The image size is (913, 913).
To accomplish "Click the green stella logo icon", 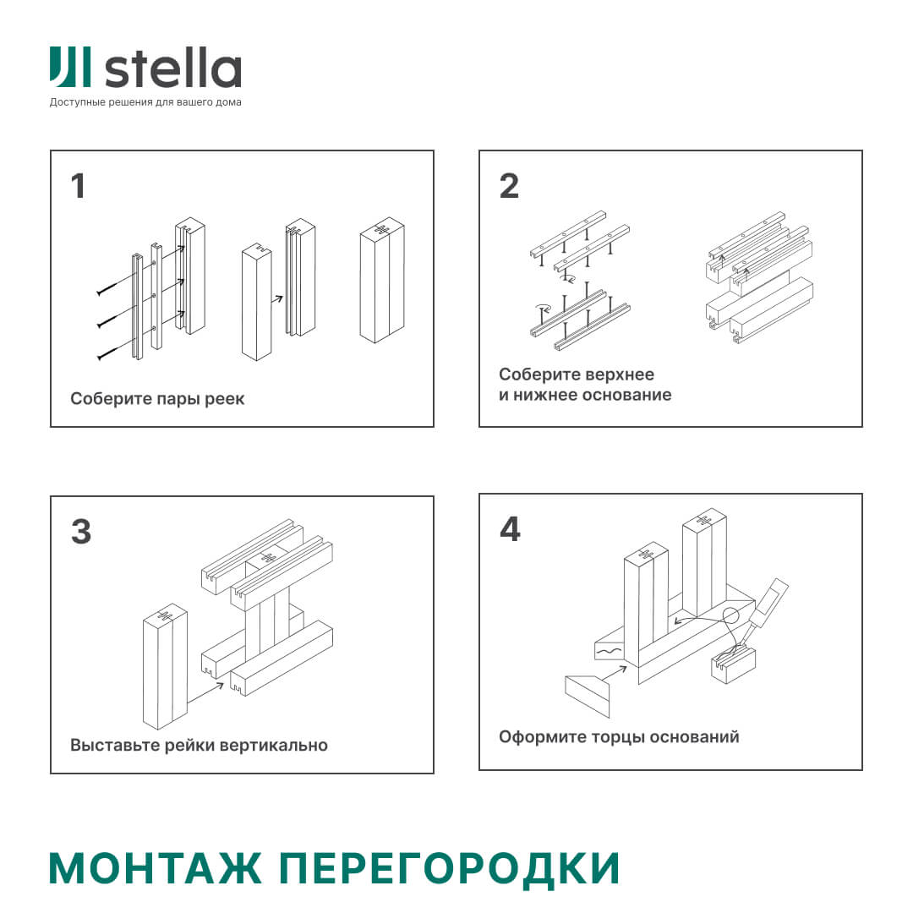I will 70,68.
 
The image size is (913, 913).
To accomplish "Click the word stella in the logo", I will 173,68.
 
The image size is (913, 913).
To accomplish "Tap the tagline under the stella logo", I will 145,103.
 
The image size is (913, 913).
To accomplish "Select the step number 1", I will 79,186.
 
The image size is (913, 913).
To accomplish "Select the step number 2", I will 509,186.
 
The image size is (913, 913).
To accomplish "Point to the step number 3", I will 80,532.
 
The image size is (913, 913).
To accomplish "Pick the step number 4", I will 510,529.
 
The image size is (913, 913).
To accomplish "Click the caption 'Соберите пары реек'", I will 157,399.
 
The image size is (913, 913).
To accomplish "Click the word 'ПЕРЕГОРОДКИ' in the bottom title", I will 449,868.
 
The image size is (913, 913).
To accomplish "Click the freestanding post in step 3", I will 165,668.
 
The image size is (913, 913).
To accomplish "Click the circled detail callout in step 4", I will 732,615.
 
